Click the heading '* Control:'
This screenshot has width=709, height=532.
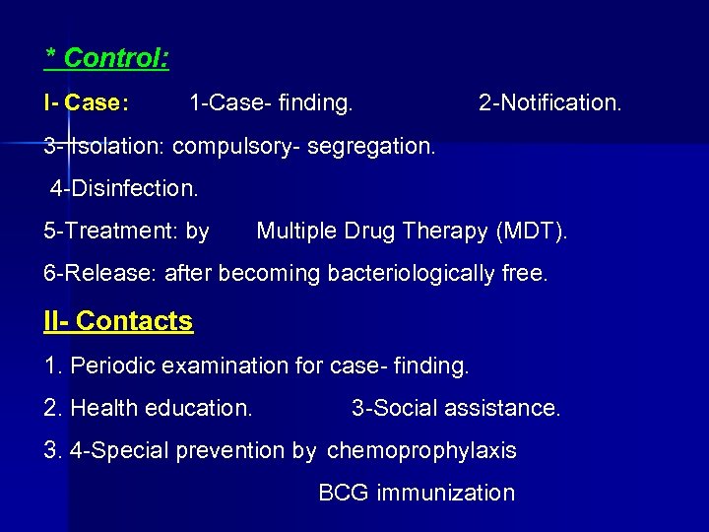(107, 58)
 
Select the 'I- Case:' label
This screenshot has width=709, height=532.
(86, 102)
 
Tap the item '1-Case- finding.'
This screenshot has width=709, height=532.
(271, 102)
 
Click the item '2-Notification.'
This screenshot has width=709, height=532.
(549, 102)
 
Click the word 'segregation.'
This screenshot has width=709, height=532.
(370, 147)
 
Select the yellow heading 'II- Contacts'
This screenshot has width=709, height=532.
(118, 321)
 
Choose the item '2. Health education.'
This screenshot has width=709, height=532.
(148, 408)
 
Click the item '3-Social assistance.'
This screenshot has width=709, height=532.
(456, 408)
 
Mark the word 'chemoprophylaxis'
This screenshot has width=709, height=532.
(421, 451)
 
